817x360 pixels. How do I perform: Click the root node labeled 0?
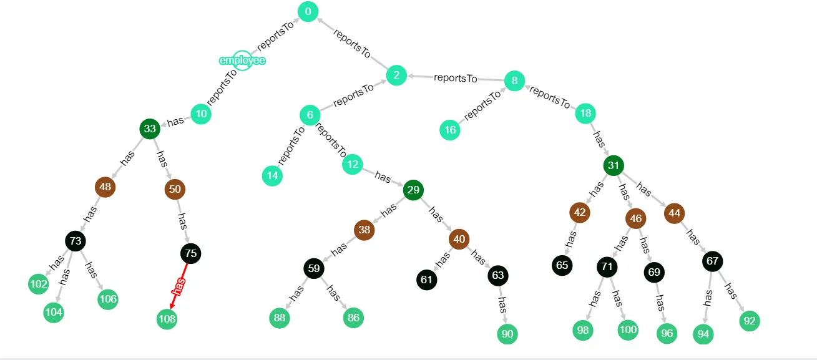point(308,11)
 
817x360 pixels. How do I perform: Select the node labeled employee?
point(242,61)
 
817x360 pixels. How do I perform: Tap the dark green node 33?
point(150,129)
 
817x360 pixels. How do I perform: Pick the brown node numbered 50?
point(175,189)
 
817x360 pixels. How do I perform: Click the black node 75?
point(191,253)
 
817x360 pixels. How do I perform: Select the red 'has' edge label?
point(179,285)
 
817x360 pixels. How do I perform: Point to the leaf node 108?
point(167,319)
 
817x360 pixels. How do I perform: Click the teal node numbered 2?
point(396,76)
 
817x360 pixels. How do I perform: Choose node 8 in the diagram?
point(514,80)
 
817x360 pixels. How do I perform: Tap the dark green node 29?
point(413,190)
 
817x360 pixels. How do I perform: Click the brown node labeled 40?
point(459,239)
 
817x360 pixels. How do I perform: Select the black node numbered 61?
point(426,280)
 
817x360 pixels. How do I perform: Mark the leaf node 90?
point(507,334)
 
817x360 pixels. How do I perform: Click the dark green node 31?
point(614,165)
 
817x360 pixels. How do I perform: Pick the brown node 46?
point(635,218)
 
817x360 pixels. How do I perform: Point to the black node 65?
point(562,265)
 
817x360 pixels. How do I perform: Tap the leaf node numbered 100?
point(628,329)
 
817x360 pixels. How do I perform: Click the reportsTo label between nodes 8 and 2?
point(456,78)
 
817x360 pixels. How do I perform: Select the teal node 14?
point(272,176)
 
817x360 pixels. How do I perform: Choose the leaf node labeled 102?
point(39,284)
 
